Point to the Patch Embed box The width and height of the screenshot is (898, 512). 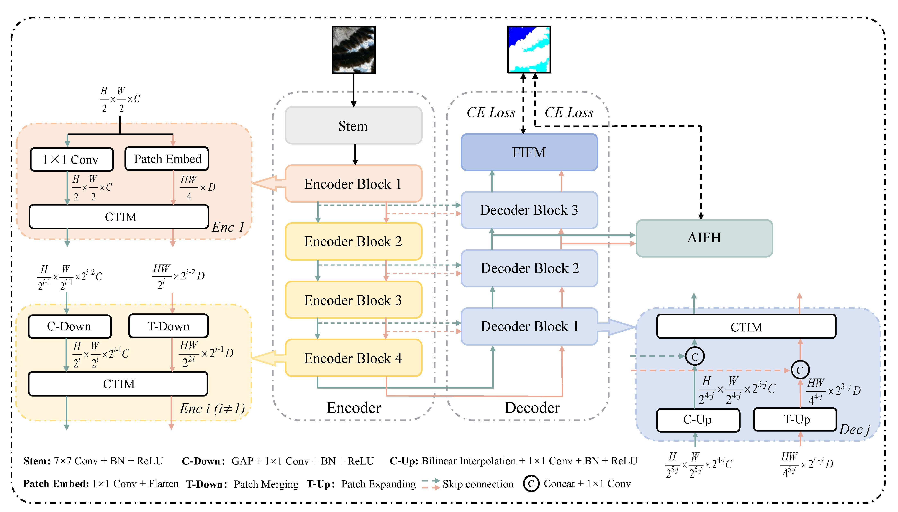coord(167,159)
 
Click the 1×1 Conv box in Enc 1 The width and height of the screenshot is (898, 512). coord(71,160)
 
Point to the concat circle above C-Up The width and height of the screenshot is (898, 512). coord(695,357)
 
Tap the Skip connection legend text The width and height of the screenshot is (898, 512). coord(478,484)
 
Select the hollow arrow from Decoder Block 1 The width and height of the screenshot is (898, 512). coord(617,327)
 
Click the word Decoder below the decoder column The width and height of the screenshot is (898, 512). coord(532,408)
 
